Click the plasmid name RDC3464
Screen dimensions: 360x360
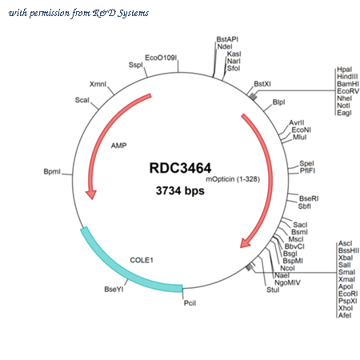point(180,168)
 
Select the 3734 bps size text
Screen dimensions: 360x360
point(180,190)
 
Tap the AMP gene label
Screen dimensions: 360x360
point(118,146)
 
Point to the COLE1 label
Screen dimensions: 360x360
point(142,260)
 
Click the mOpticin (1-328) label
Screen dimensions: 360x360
point(233,179)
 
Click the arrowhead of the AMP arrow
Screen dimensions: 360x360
point(91,194)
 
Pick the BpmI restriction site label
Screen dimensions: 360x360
point(52,171)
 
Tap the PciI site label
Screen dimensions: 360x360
point(190,303)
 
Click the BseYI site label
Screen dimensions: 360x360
point(114,290)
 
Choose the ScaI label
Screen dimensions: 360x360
point(82,100)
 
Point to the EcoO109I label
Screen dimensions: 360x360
point(161,58)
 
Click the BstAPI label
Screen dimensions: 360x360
point(227,39)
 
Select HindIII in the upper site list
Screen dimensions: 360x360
point(347,77)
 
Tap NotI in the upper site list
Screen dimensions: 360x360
point(343,106)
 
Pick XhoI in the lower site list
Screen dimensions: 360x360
point(346,308)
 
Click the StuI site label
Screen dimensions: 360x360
point(273,290)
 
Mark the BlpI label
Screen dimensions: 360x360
point(278,102)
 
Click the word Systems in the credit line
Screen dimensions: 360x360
point(134,13)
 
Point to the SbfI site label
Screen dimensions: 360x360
point(305,206)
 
